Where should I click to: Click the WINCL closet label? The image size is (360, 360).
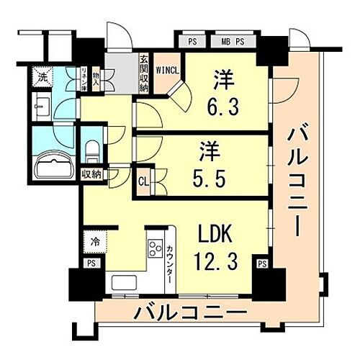(167, 71)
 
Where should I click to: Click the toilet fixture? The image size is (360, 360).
(92, 151)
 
